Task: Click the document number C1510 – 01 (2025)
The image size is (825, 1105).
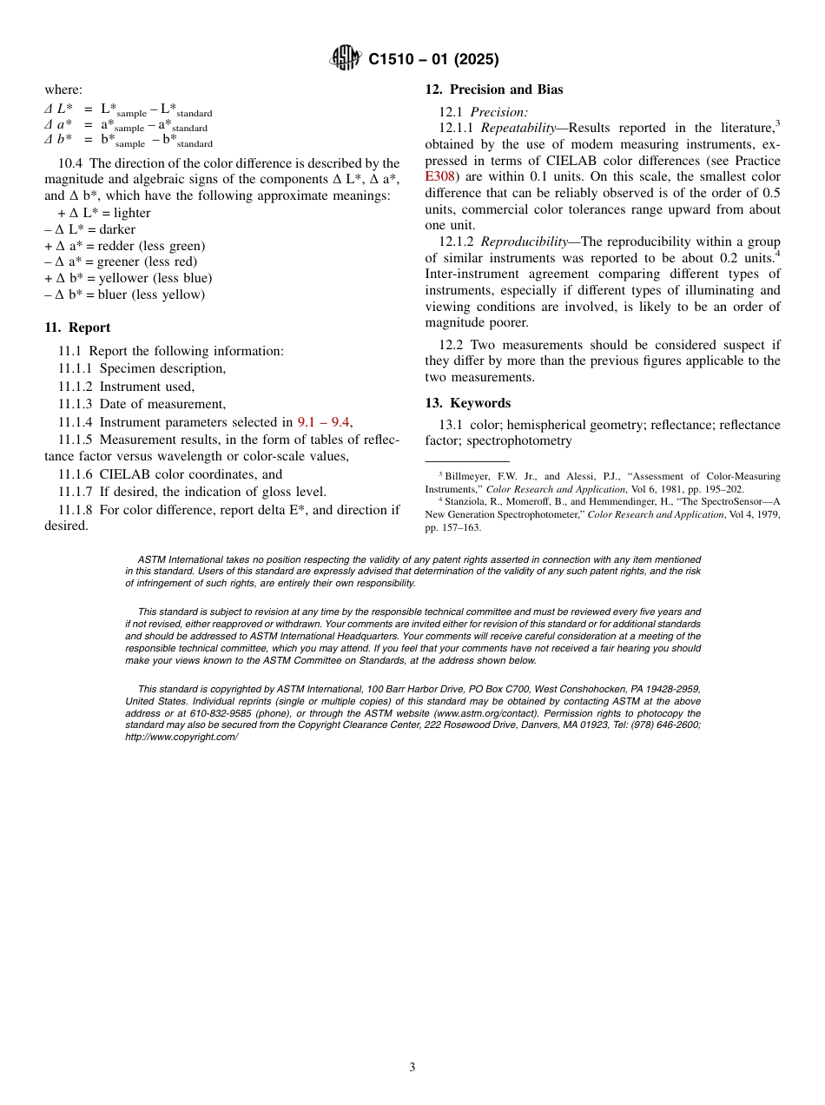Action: (x=433, y=60)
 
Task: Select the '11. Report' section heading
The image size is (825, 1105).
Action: (x=77, y=328)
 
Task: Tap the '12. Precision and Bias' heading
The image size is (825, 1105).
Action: (x=493, y=89)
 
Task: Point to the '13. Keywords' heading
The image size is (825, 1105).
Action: (x=467, y=403)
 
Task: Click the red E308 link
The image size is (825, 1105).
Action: (x=440, y=176)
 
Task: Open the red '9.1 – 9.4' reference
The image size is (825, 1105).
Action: (x=323, y=422)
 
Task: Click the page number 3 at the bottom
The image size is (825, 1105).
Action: (x=412, y=1068)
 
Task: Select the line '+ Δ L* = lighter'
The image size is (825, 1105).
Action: (x=104, y=213)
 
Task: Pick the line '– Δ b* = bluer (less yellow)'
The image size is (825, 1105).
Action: (x=124, y=294)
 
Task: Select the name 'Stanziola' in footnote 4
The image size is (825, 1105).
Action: (x=468, y=501)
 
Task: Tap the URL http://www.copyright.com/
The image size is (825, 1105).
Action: (x=181, y=737)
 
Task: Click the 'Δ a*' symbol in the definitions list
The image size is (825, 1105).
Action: (x=58, y=125)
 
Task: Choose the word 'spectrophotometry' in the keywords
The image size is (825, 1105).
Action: (x=519, y=440)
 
